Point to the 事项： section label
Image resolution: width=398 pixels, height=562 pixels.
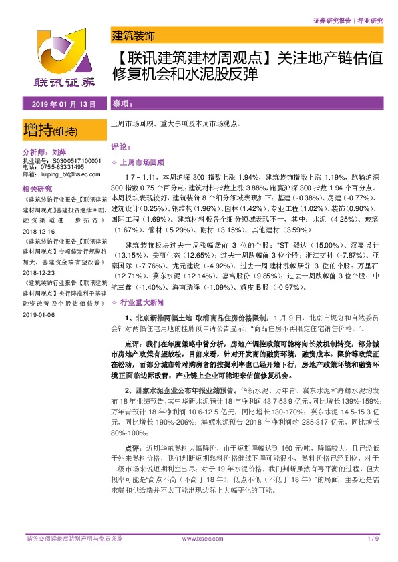122,105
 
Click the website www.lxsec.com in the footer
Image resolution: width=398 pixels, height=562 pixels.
198,538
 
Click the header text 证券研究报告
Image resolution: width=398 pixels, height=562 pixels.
332,21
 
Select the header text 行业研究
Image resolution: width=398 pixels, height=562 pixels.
370,21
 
